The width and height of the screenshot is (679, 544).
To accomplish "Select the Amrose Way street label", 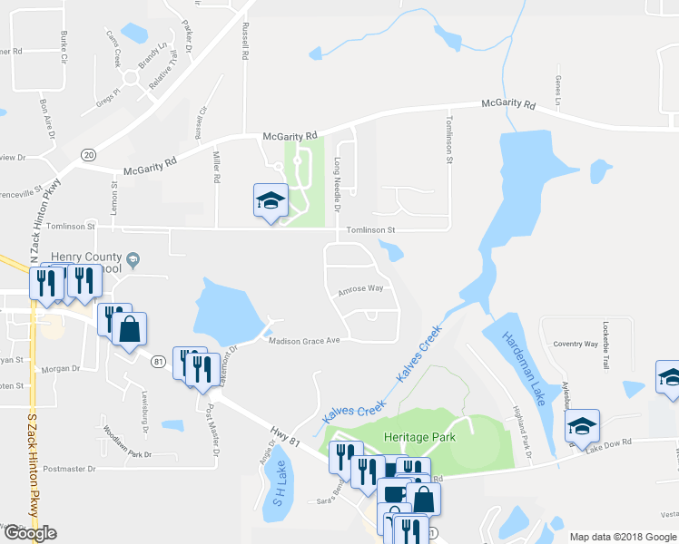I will coord(360,289).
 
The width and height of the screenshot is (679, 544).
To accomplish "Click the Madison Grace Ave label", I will coord(303,341).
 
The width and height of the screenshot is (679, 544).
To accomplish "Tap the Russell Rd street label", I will coord(245,41).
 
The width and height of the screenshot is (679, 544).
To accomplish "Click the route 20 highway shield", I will coord(88,155).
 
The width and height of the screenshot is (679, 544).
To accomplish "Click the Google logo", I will coord(29,533).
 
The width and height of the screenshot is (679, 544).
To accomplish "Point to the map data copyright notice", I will coord(622,537).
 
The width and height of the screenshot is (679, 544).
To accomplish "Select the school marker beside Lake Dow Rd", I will coord(582,428).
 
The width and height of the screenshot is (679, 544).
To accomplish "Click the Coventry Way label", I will coord(576,345).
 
